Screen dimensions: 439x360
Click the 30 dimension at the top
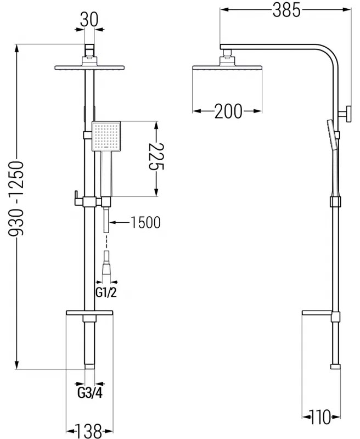point(88,20)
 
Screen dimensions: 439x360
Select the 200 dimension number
point(228,111)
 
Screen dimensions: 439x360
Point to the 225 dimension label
point(158,159)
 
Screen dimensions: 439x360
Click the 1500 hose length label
point(145,222)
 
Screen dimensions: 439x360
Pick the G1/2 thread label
point(106,292)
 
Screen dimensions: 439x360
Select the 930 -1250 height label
point(17,198)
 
